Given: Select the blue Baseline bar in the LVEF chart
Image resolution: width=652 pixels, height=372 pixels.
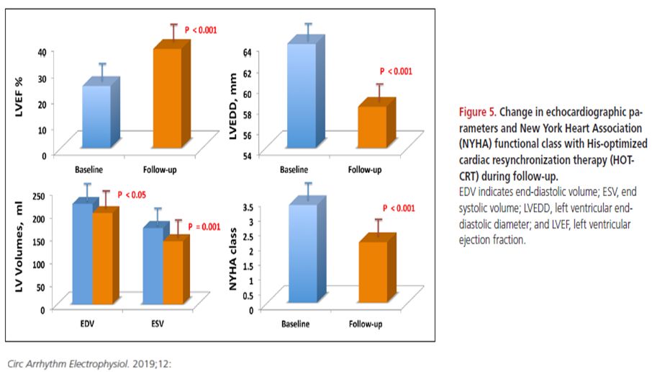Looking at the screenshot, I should point(97,115).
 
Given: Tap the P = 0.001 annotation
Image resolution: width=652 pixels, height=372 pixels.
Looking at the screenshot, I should point(204,226).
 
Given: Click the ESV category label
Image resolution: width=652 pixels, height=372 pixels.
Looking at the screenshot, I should point(157,324).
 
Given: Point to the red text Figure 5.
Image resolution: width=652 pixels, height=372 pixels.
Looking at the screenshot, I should point(477,112).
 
